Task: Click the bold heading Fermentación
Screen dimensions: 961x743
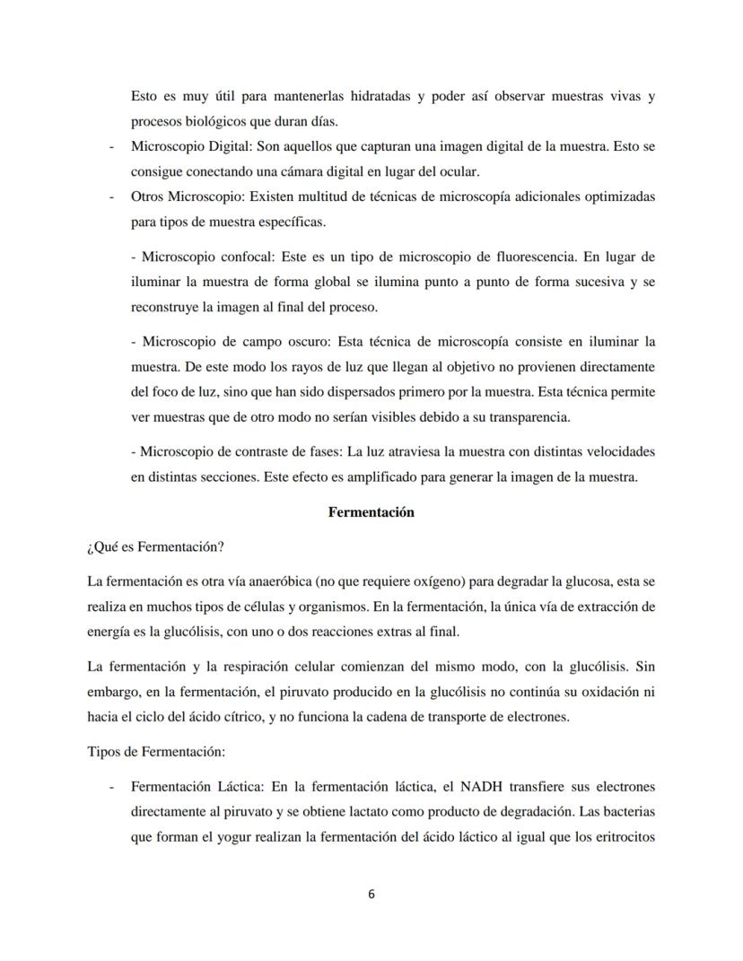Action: click(x=371, y=512)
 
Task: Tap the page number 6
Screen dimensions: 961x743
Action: click(x=371, y=894)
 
